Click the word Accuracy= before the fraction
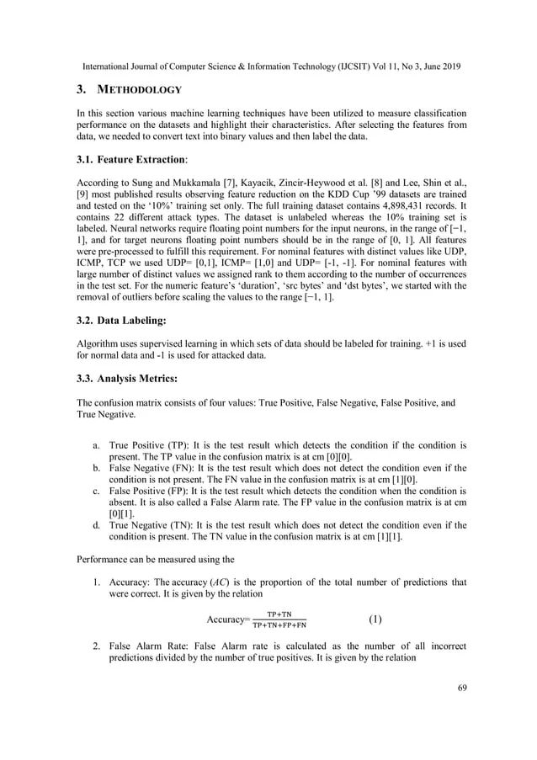[228, 621]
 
